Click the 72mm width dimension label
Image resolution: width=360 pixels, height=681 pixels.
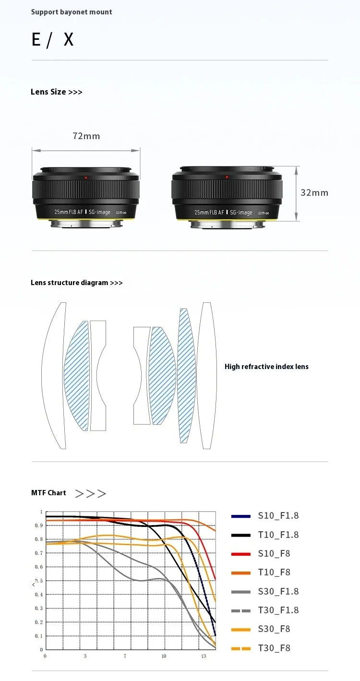click(x=86, y=136)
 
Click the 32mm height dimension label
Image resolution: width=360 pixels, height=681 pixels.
click(x=314, y=193)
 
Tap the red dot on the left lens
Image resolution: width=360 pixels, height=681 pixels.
click(x=86, y=178)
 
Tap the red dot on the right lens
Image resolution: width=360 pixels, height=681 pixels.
click(x=227, y=177)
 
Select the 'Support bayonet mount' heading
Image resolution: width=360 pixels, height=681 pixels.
click(x=72, y=12)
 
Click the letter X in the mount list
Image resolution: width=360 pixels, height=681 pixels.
click(x=69, y=39)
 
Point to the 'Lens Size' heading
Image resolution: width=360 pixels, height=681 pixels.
click(x=57, y=92)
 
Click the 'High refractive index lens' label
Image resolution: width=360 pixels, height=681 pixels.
click(x=266, y=367)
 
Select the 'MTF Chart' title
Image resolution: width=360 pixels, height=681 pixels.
click(x=48, y=493)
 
